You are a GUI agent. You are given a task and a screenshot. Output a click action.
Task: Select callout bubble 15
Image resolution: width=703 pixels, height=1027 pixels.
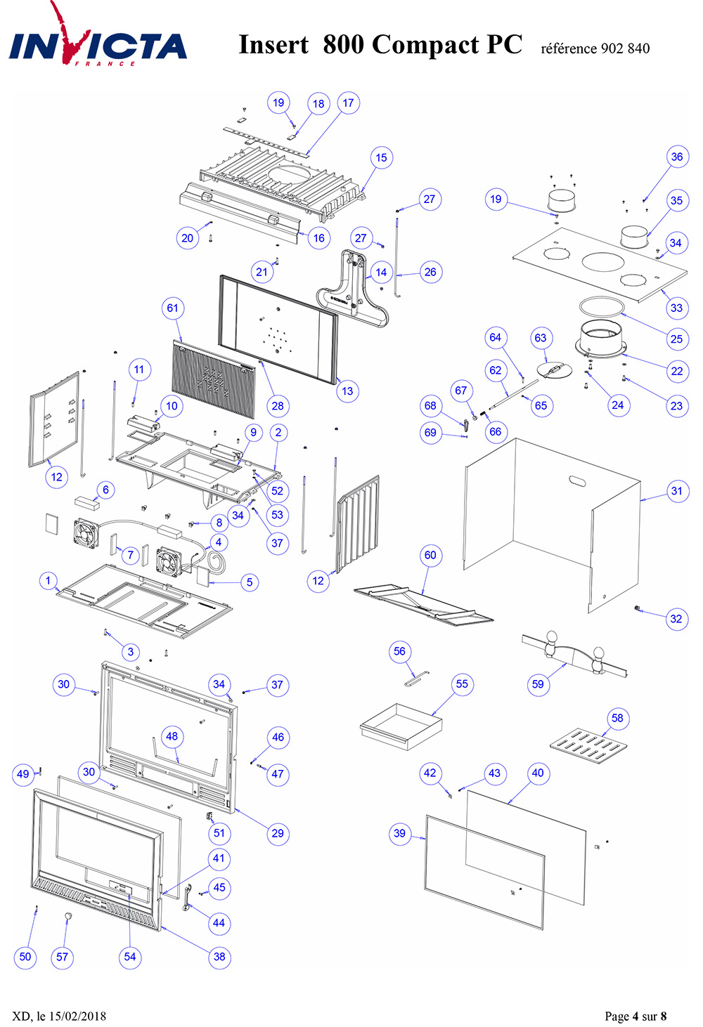pyautogui.click(x=381, y=158)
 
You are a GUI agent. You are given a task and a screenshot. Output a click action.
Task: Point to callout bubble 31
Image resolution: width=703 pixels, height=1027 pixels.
pyautogui.click(x=677, y=491)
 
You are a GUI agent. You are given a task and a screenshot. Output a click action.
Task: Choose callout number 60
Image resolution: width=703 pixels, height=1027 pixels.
pyautogui.click(x=430, y=555)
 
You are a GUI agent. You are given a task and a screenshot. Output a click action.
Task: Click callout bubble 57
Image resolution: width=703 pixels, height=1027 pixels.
pyautogui.click(x=62, y=957)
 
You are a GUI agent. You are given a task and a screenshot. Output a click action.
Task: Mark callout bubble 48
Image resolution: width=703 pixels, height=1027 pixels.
pyautogui.click(x=172, y=736)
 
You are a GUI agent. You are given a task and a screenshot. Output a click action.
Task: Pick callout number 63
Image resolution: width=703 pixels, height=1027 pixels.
pyautogui.click(x=541, y=338)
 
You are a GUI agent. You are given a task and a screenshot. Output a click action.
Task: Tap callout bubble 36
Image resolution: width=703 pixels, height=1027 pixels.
pyautogui.click(x=677, y=157)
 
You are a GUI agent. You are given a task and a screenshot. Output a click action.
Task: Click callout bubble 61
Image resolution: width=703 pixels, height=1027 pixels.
pyautogui.click(x=172, y=308)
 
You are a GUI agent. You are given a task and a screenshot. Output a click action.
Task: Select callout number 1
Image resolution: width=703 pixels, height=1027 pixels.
pyautogui.click(x=49, y=581)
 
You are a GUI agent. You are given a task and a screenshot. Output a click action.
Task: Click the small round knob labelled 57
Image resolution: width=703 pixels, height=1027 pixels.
pyautogui.click(x=68, y=915)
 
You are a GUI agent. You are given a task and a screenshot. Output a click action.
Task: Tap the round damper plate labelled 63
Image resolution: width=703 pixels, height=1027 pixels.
pyautogui.click(x=555, y=369)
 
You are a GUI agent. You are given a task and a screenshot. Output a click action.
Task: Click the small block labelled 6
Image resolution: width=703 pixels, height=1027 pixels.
pyautogui.click(x=87, y=502)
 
